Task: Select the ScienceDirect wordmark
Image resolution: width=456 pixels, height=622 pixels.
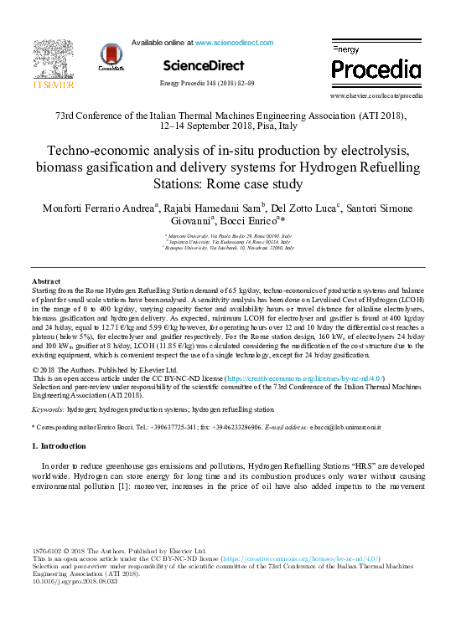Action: pyautogui.click(x=204, y=65)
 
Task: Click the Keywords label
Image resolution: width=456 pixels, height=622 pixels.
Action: pyautogui.click(x=48, y=409)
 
